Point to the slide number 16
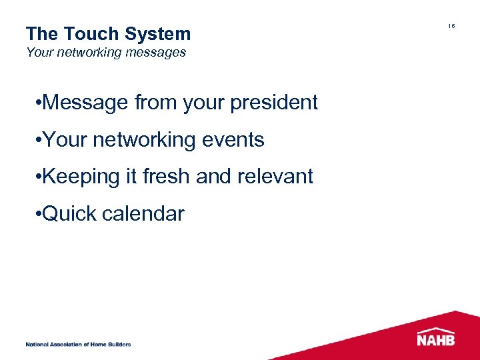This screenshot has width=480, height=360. [x=451, y=26]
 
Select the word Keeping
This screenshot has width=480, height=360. [x=83, y=177]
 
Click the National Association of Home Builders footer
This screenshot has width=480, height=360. [x=78, y=344]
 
